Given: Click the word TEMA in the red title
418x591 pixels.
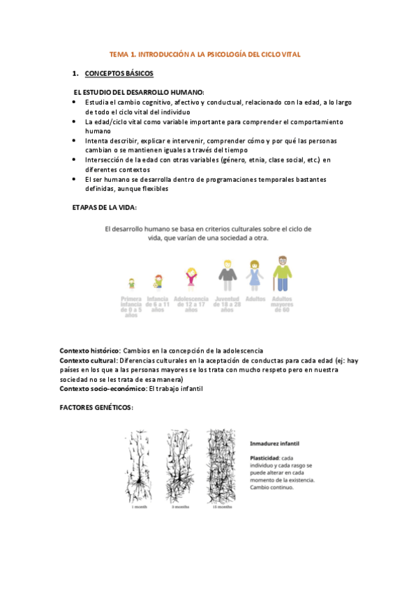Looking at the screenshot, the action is point(119,54).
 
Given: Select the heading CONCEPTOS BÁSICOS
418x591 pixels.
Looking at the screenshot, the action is point(119,73).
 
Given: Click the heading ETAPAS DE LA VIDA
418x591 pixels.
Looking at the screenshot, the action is point(104,208).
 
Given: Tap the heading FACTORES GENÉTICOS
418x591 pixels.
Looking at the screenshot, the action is point(96,406).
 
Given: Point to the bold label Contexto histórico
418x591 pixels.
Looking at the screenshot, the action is point(90,349).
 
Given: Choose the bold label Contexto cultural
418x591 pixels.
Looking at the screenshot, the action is point(89,360).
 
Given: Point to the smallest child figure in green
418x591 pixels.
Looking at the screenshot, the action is point(131,283).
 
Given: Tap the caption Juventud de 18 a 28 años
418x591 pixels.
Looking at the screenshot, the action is point(225,304).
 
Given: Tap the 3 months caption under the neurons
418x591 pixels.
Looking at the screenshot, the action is point(181,507).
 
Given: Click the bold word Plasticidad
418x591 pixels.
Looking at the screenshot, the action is point(264,457).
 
